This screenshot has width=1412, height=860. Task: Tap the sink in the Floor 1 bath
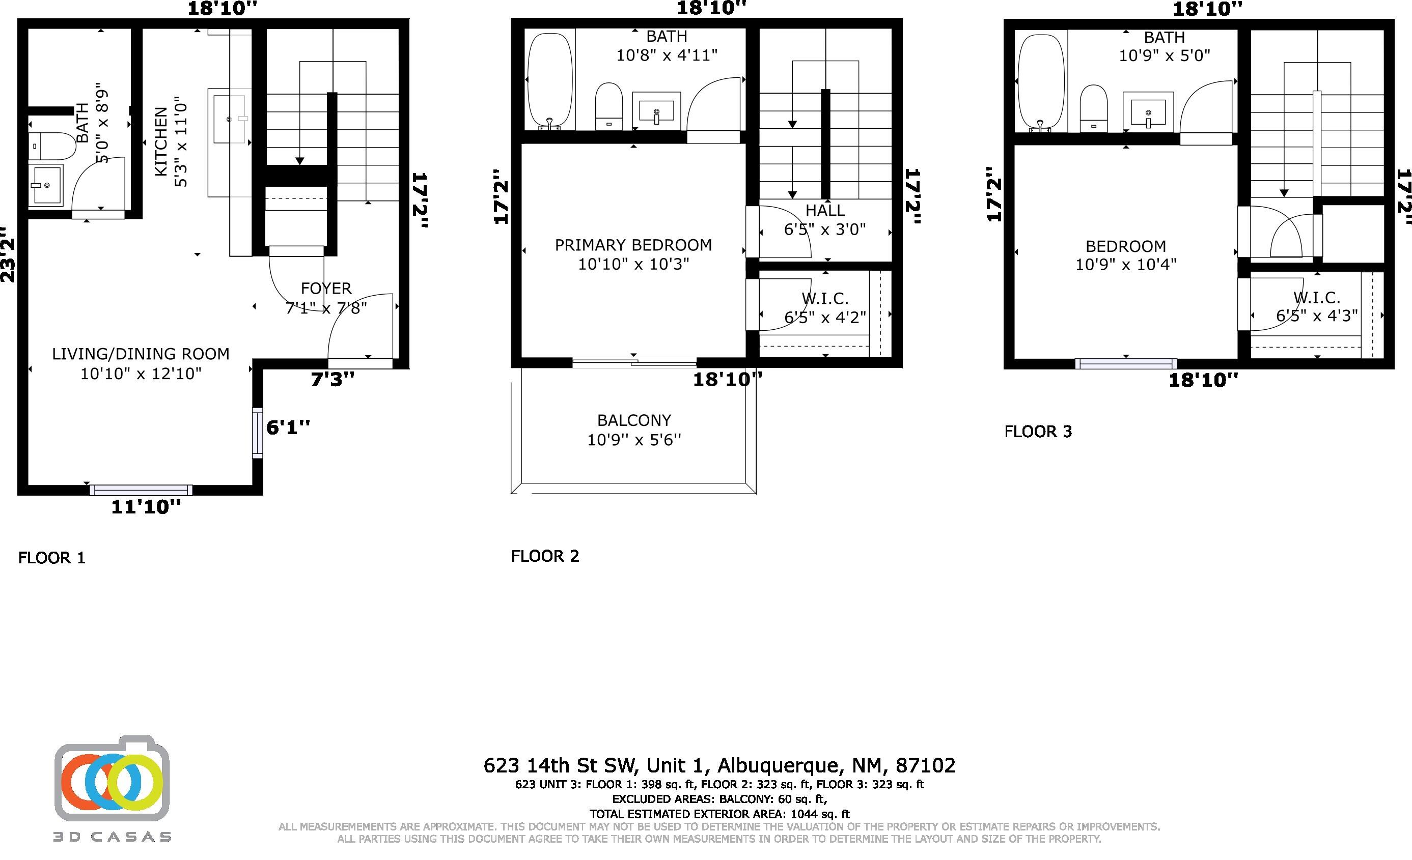pos(46,184)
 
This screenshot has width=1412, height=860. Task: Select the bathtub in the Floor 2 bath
pos(549,81)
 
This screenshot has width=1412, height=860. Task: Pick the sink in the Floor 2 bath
pos(656,109)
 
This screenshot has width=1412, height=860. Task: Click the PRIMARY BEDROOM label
pos(633,245)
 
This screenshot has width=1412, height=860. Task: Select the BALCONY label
pos(634,420)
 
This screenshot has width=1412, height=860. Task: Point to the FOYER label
pos(326,288)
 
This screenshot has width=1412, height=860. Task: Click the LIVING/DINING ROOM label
pos(141,354)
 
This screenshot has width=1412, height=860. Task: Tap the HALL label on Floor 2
pos(825,211)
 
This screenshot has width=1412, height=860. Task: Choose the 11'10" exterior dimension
pos(146,507)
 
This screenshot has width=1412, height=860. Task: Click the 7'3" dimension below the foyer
pos(333,379)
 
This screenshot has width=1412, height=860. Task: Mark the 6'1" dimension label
pos(288,427)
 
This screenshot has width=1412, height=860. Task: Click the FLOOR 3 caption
pos(1038,432)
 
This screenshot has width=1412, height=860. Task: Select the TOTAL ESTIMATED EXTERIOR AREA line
pos(720,814)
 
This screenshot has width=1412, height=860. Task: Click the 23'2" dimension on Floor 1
pos(8,252)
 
